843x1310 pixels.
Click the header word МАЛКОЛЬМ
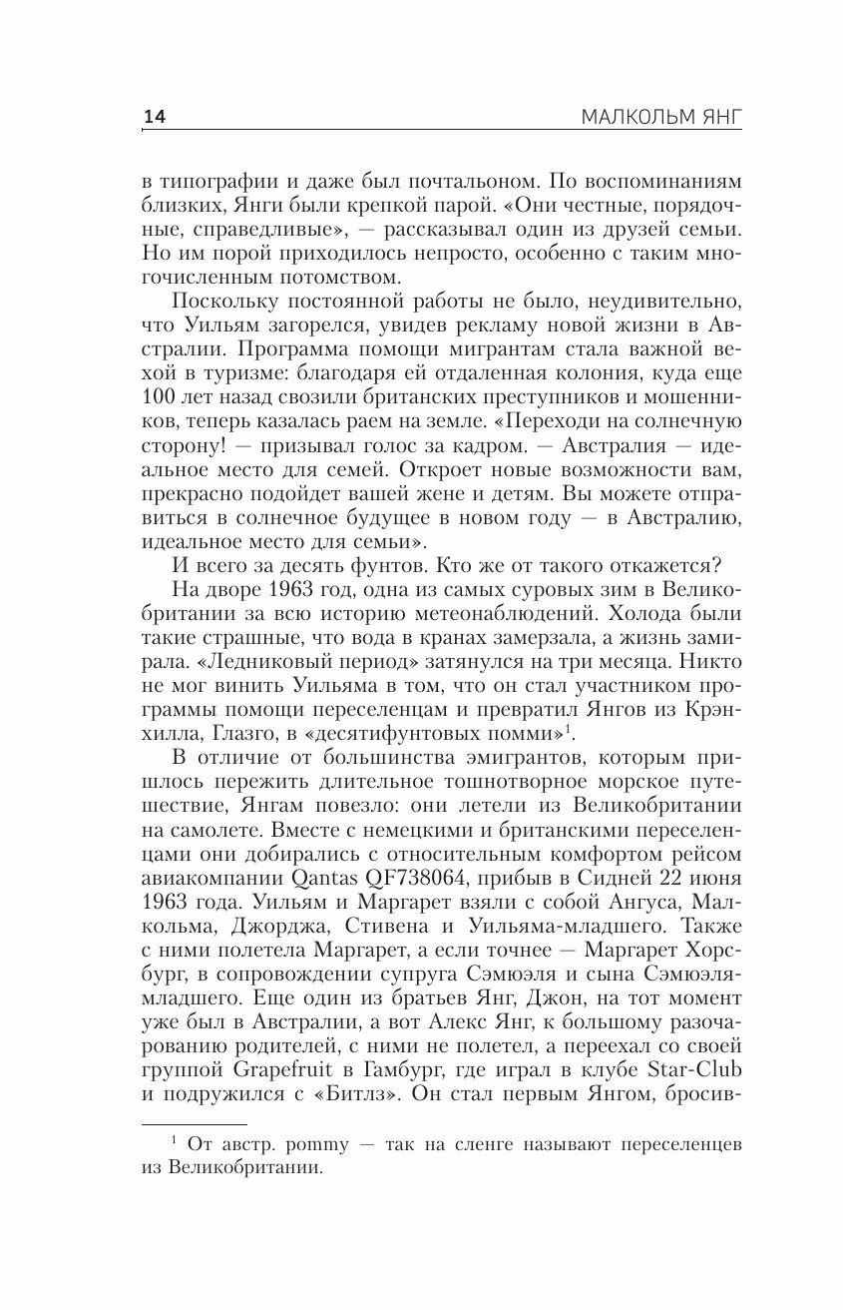point(633,118)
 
